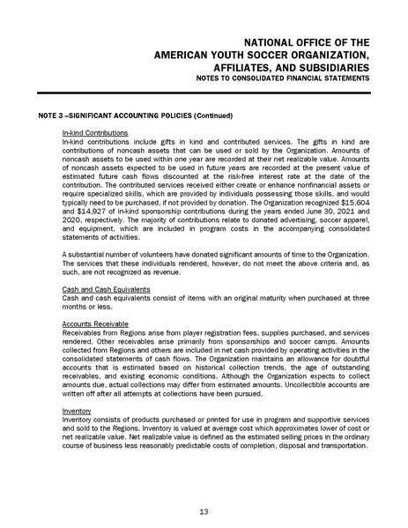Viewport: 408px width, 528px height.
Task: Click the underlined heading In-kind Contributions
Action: (91, 132)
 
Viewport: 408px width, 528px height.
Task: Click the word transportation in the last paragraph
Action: (330, 444)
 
